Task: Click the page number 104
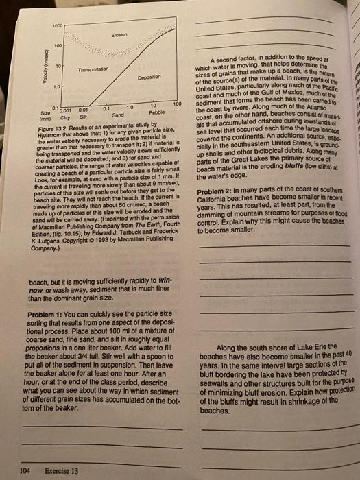(25, 470)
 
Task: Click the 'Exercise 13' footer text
(61, 470)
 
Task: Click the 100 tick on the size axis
(176, 104)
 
